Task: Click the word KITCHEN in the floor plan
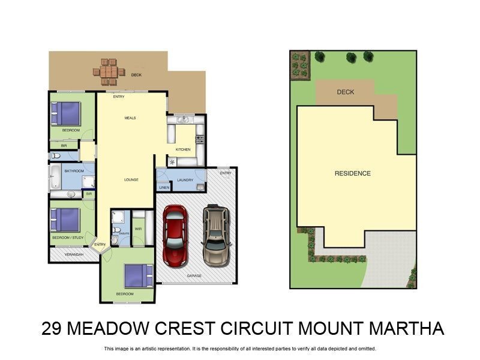point(183,149)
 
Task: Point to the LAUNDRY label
point(185,179)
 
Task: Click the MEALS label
point(130,118)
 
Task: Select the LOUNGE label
point(131,179)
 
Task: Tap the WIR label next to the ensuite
point(138,229)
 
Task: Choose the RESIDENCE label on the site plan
point(353,173)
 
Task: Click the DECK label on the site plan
point(346,92)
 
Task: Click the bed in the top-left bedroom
point(65,112)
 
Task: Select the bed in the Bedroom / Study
point(65,220)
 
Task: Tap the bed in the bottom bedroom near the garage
point(139,275)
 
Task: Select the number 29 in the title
point(52,329)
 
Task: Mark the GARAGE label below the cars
point(194,276)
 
